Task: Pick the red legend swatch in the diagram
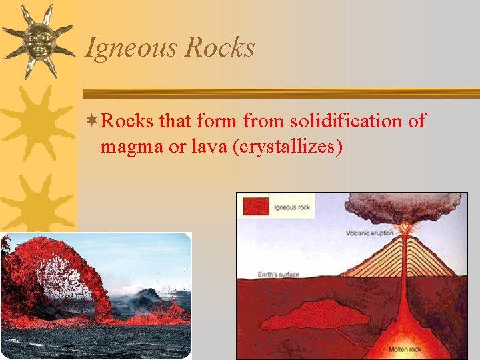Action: click(x=256, y=206)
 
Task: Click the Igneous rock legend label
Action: click(x=293, y=207)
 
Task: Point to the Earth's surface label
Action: click(x=279, y=274)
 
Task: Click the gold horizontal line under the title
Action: click(x=280, y=93)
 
